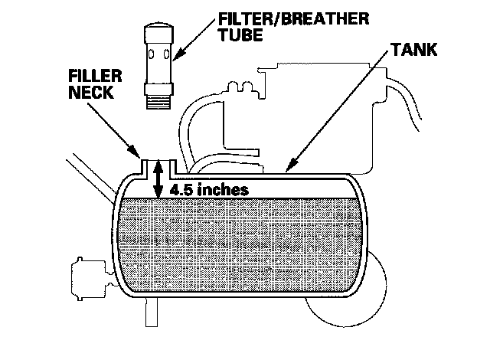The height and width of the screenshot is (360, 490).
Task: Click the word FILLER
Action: (91, 78)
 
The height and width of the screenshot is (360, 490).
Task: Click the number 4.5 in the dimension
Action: (183, 189)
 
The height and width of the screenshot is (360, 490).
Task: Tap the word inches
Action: (223, 189)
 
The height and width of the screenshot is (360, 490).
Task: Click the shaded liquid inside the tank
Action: (237, 245)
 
